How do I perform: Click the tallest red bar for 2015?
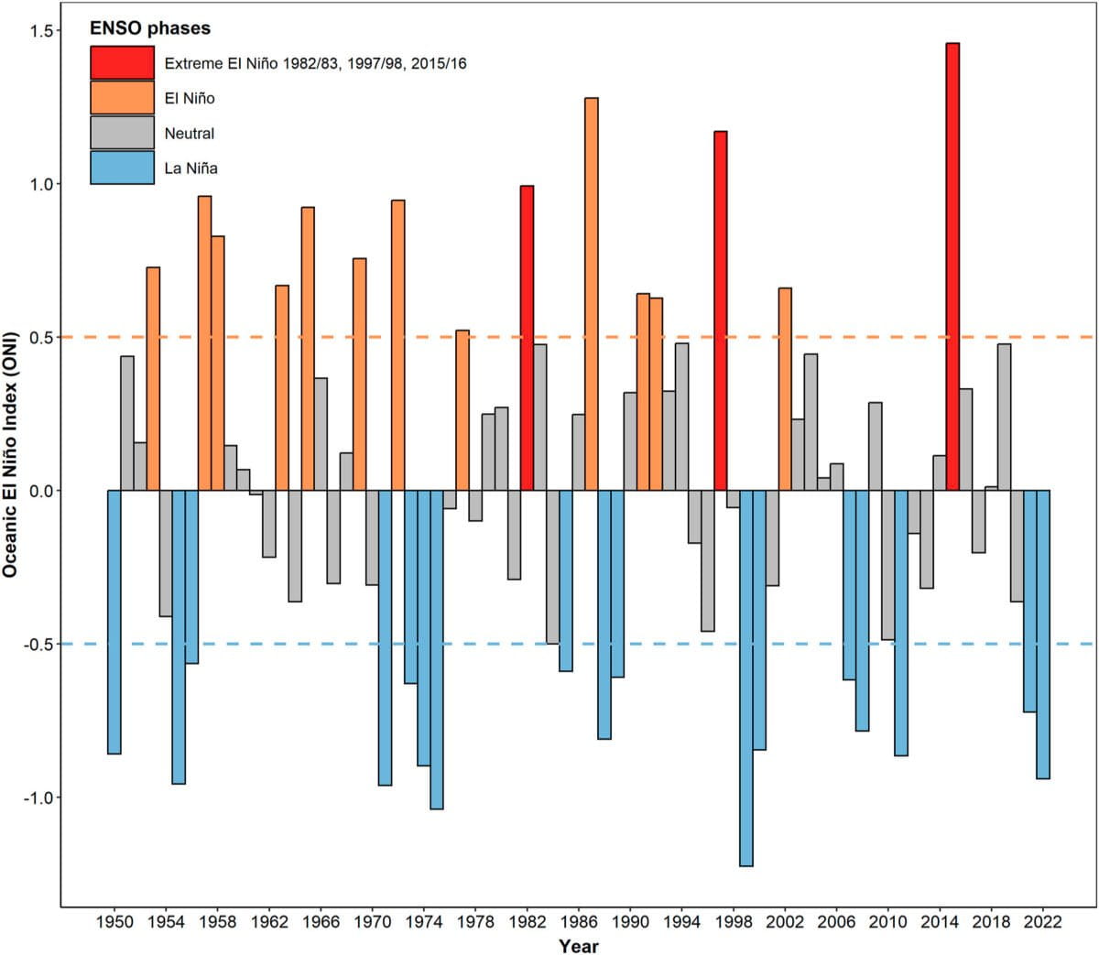pos(952,266)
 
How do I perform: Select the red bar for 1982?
pos(527,338)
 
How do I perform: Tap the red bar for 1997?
pos(721,310)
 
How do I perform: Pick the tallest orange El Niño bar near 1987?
pos(591,293)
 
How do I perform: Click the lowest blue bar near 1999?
pos(746,678)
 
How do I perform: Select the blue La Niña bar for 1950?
pos(114,622)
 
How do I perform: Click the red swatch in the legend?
pos(122,63)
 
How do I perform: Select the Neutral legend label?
pos(189,134)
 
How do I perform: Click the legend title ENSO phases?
pos(150,28)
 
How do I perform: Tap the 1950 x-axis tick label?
pos(114,922)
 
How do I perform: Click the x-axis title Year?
pos(579,946)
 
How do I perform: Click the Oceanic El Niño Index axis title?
pos(11,467)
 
